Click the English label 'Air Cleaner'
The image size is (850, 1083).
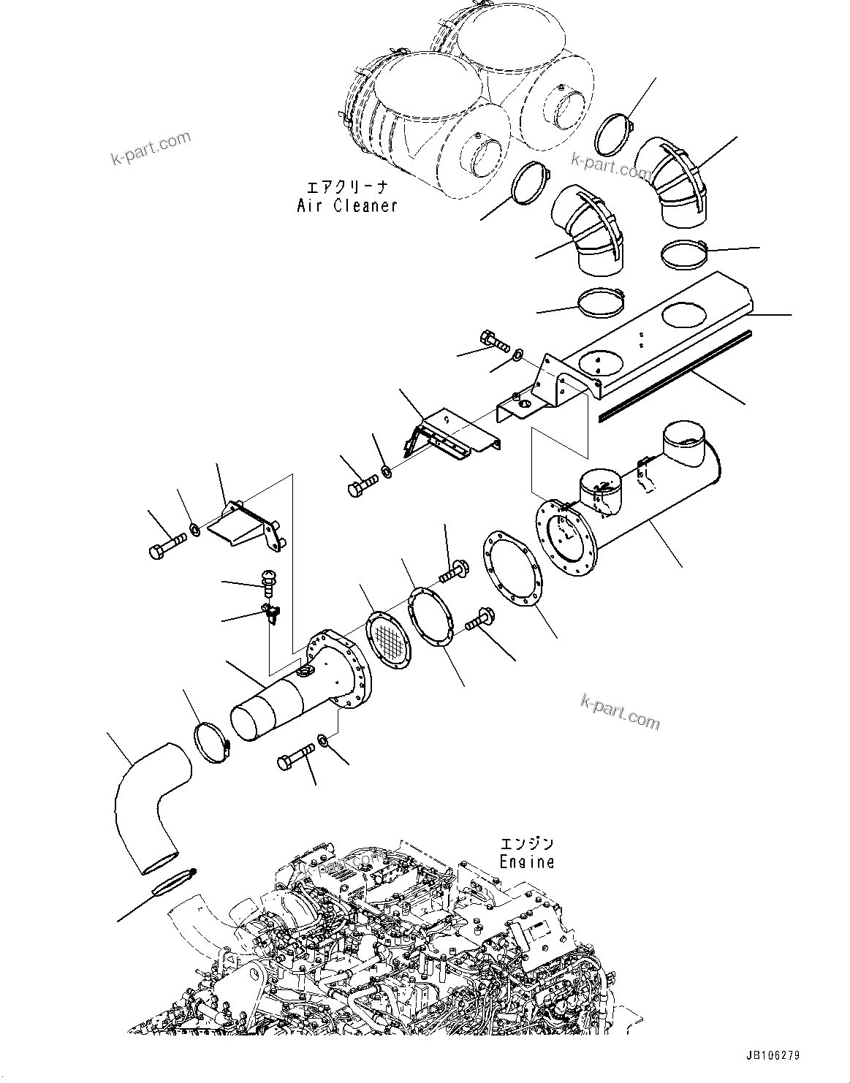pos(347,206)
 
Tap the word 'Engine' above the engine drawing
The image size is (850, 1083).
pos(527,862)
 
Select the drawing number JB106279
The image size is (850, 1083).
pos(773,1055)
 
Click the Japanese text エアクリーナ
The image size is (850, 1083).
pos(348,187)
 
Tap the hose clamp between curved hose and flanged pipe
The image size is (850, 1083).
pos(212,742)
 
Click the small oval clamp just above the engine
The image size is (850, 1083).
pos(170,883)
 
